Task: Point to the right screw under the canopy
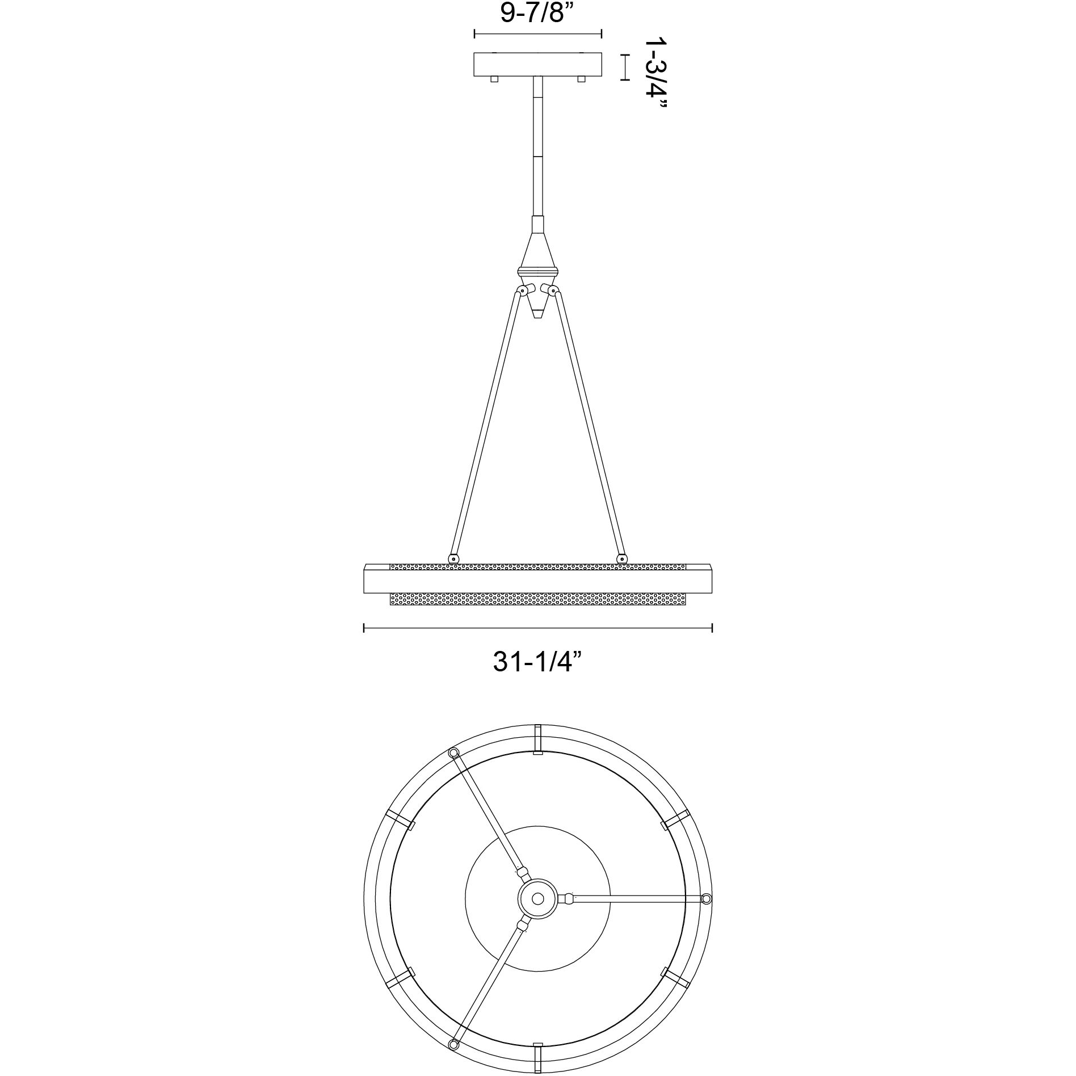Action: (x=581, y=79)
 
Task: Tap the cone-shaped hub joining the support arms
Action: (x=537, y=267)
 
